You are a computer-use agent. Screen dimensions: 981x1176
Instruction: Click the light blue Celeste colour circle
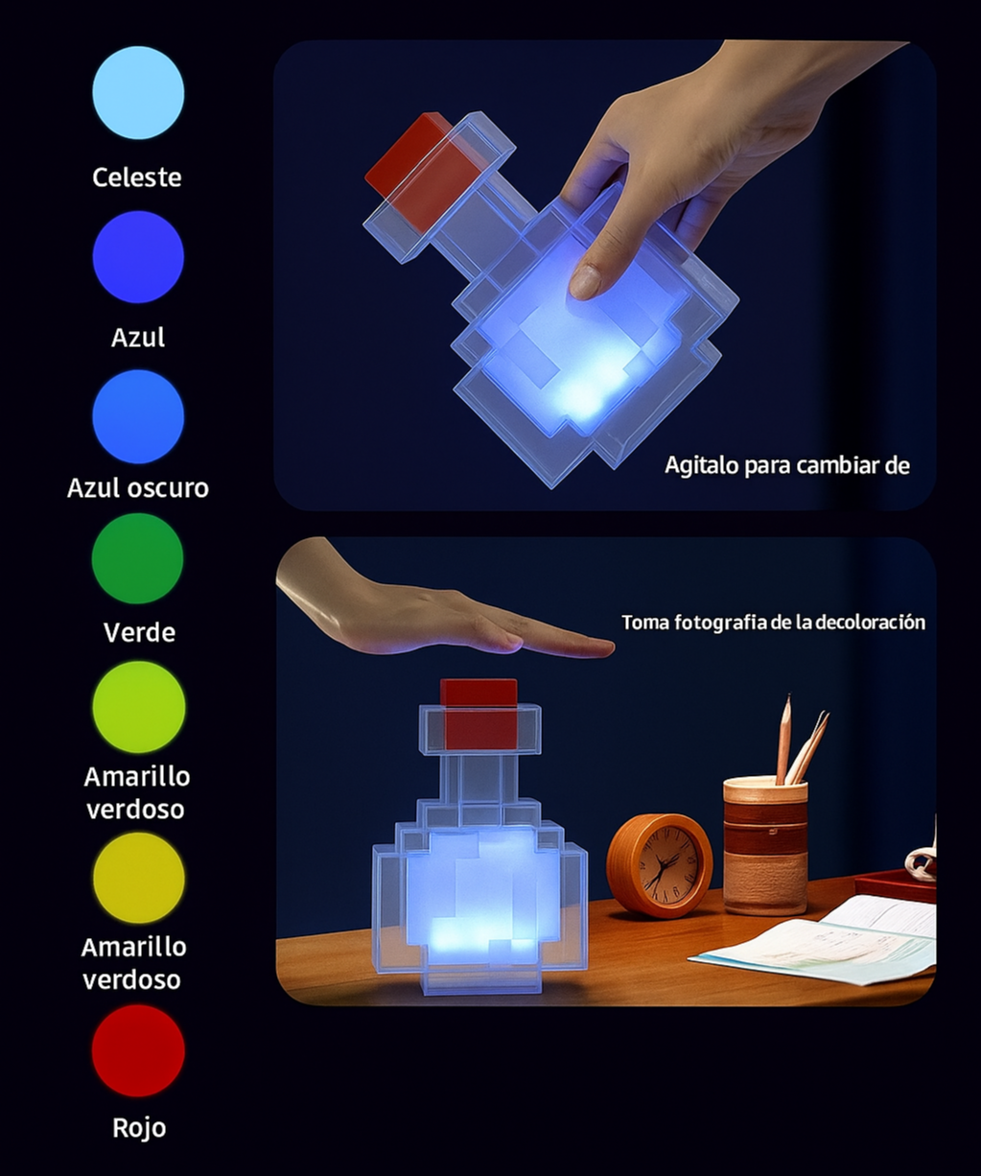pyautogui.click(x=138, y=92)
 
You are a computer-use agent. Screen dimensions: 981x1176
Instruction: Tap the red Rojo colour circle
pyautogui.click(x=138, y=1051)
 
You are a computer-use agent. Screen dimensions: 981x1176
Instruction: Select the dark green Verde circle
pyautogui.click(x=138, y=558)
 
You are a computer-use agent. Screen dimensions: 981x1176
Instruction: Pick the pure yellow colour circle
pyautogui.click(x=138, y=878)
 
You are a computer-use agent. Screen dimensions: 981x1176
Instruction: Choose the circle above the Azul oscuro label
pyautogui.click(x=138, y=417)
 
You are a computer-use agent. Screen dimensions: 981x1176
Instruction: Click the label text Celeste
pyautogui.click(x=137, y=177)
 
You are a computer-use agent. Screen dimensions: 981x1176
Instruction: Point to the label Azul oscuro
pyautogui.click(x=138, y=487)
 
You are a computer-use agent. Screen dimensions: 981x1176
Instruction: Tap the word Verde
pyautogui.click(x=139, y=632)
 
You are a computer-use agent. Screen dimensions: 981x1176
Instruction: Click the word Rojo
pyautogui.click(x=139, y=1128)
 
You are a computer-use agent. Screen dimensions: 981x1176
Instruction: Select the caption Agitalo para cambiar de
pyautogui.click(x=786, y=466)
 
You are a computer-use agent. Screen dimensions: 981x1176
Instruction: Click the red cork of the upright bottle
pyautogui.click(x=479, y=714)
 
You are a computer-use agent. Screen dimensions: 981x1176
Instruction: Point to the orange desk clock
pyautogui.click(x=660, y=864)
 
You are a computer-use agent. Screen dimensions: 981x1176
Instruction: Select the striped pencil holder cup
pyautogui.click(x=766, y=845)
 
